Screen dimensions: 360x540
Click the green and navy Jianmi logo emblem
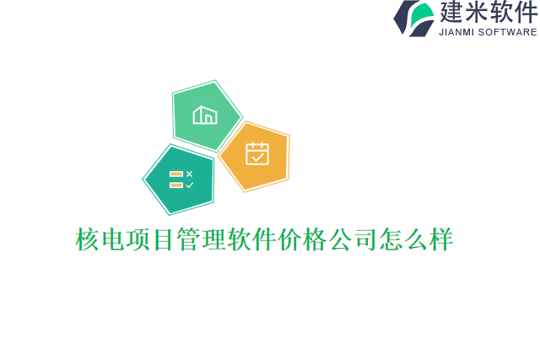(x=413, y=18)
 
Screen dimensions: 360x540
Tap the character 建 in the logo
(x=451, y=13)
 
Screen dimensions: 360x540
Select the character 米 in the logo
(x=477, y=13)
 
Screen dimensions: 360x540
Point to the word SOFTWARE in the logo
(x=508, y=32)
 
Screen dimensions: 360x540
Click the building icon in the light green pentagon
(x=205, y=115)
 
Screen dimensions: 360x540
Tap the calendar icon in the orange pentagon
(x=256, y=153)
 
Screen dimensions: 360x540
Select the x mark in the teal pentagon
(x=189, y=174)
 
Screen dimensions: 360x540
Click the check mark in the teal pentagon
(x=189, y=185)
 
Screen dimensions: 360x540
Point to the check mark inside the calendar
(x=256, y=157)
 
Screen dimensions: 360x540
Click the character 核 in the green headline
(x=88, y=239)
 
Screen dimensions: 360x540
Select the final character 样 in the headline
(x=441, y=239)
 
